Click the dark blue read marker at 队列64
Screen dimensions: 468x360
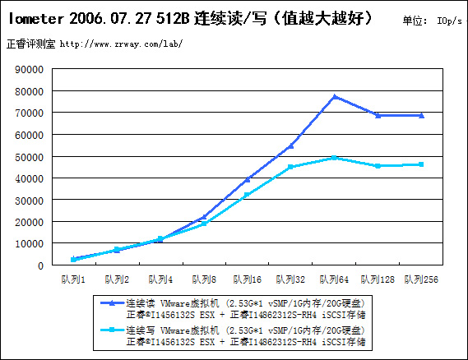point(334,97)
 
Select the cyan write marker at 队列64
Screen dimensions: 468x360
point(334,158)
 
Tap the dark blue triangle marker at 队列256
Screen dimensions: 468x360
point(421,115)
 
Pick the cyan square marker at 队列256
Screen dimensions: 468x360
point(421,164)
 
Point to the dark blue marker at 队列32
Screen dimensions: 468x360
point(290,145)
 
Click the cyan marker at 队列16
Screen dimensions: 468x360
point(247,195)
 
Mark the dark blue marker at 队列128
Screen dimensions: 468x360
point(378,115)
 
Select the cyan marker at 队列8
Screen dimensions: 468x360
point(204,224)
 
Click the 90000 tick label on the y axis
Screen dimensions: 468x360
point(30,70)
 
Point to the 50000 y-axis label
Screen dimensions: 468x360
point(30,157)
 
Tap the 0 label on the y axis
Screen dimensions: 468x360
point(41,265)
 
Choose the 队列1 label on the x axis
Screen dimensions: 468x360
point(73,279)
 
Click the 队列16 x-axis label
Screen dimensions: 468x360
point(247,279)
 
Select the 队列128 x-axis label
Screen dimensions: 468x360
point(378,279)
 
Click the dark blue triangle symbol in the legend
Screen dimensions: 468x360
point(112,303)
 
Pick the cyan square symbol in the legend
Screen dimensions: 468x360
point(112,330)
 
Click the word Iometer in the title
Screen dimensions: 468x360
point(36,18)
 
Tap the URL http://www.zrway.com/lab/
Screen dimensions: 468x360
point(121,44)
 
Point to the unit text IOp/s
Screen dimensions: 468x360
point(450,21)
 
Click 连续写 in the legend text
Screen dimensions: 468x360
point(141,330)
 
